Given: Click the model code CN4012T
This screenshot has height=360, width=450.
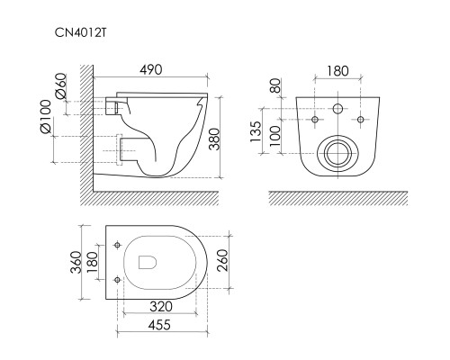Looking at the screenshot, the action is (80, 32).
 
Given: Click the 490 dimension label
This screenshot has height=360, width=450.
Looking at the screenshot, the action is (151, 69).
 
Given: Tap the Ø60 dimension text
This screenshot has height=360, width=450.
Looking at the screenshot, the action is (61, 85).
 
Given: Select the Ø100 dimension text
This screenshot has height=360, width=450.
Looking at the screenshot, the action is (45, 117).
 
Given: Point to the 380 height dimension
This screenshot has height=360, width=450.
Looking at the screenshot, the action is (215, 139).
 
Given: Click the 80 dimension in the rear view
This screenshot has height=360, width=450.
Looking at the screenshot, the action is (275, 85).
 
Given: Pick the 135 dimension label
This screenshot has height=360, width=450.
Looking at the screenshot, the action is (256, 131).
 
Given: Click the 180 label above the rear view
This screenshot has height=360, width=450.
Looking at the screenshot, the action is (337, 71).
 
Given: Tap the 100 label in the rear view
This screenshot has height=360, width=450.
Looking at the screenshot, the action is (275, 136).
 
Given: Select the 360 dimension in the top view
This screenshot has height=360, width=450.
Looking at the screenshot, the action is (76, 263).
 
